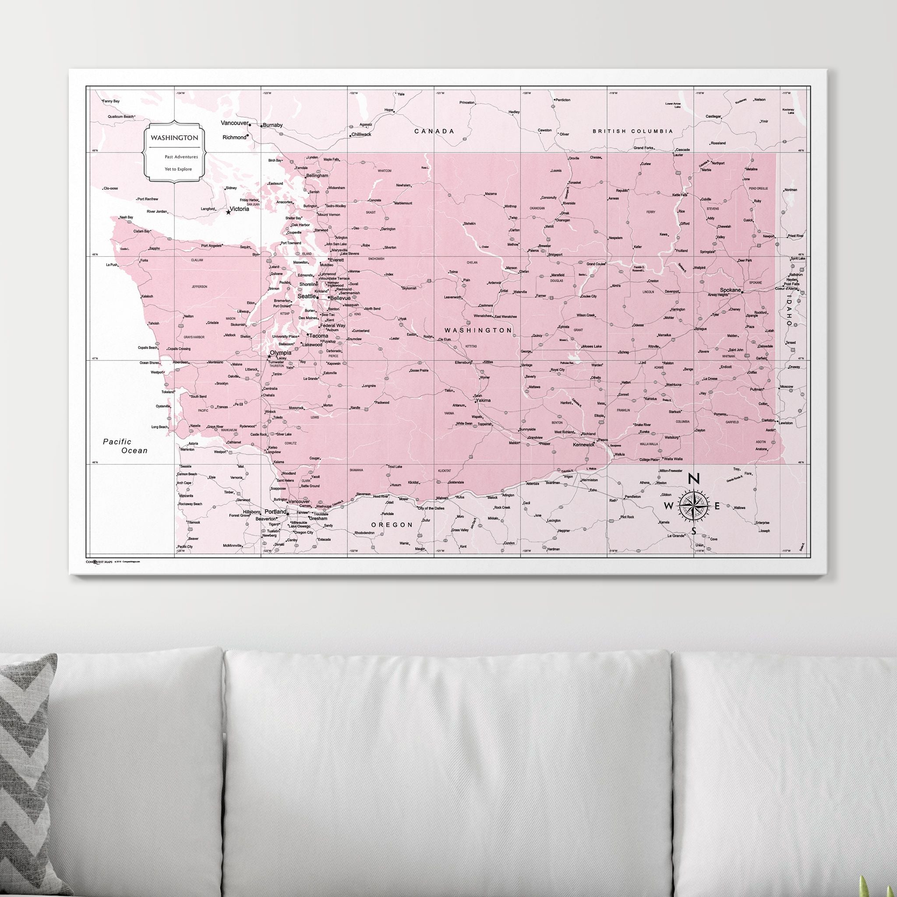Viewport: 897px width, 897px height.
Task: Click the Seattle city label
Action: (x=307, y=296)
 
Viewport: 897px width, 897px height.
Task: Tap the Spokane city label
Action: (x=730, y=290)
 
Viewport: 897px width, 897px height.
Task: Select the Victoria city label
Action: (x=239, y=209)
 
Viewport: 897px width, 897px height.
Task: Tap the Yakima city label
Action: (x=483, y=400)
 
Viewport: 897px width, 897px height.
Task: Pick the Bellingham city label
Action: (x=317, y=176)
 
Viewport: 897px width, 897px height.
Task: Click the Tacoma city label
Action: (x=318, y=335)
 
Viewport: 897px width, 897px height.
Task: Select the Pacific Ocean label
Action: (x=124, y=446)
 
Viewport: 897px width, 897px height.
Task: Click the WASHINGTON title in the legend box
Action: (x=174, y=138)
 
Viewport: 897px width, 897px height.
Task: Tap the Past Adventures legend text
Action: (x=181, y=157)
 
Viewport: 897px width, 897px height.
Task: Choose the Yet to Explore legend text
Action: (x=178, y=169)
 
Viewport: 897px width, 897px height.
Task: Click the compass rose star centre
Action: (x=693, y=505)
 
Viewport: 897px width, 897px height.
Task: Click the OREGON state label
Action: (x=392, y=525)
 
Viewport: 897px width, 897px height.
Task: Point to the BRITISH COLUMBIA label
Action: (x=632, y=131)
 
